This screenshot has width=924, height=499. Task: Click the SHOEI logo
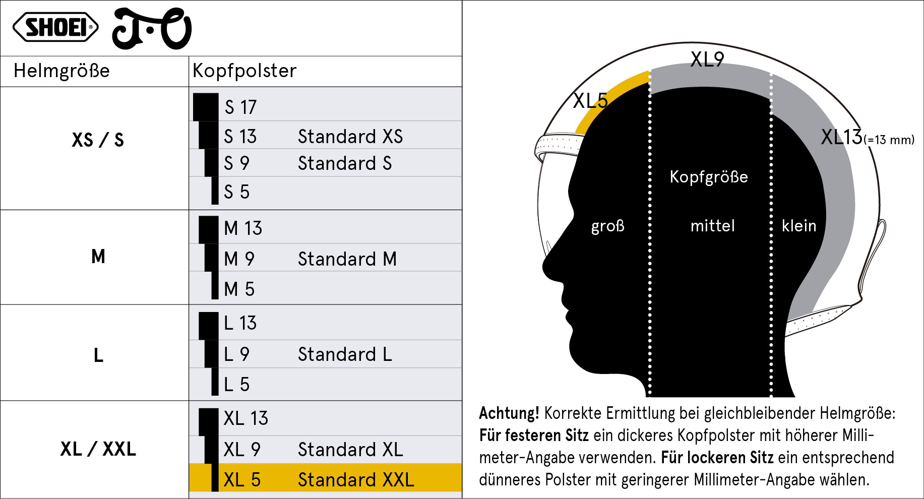pos(55,27)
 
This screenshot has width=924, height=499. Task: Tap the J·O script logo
pos(152,29)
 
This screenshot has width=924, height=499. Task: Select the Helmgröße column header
pos(61,71)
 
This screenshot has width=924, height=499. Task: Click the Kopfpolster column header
pos(244,71)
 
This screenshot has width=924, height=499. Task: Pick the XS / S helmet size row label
pos(98,140)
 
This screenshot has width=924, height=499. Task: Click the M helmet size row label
pos(98,256)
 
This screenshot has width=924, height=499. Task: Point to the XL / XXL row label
pos(98,449)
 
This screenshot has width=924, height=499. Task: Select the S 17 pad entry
pos(240,107)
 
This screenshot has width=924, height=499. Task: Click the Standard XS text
pos(350,137)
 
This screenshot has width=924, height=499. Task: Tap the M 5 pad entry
pos(239,289)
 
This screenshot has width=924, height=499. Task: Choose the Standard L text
pos(345,354)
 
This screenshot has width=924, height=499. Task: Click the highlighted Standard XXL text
pos(356,480)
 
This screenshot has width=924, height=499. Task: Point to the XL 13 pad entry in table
pos(246,418)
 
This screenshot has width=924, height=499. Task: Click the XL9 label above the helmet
pos(707,59)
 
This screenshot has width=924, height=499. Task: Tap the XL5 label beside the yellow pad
pos(591,101)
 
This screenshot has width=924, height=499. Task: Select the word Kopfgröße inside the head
pos(709,177)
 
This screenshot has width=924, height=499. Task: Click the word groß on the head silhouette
pos(608,226)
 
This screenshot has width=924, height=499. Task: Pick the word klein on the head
pos(799,225)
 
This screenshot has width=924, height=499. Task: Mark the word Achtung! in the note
pos(509,413)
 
